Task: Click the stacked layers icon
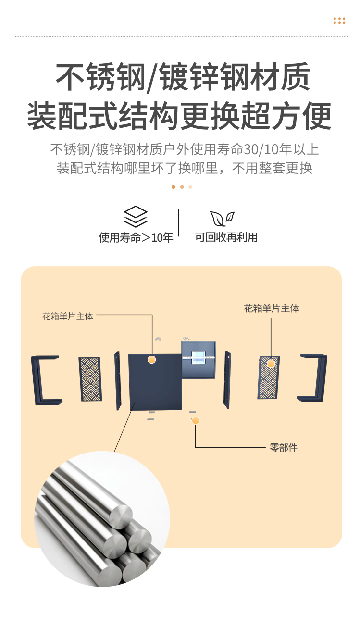coord(136,217)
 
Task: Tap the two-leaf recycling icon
coord(222,219)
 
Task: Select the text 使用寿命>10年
coord(136,237)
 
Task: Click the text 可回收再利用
coord(226,237)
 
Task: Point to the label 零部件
coord(284,447)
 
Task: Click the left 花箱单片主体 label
coord(68,316)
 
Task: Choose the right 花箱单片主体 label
coord(272,308)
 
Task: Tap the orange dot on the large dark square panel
coord(151,360)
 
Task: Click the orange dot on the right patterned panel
coord(271,364)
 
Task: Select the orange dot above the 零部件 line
coord(195,420)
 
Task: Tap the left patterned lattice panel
coord(90,379)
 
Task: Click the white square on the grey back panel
coord(198,358)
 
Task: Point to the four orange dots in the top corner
coord(339,21)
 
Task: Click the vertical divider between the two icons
coord(179,223)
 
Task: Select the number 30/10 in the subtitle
coord(261,149)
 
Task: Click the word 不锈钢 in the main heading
coord(101,77)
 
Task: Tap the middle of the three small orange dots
coord(182,187)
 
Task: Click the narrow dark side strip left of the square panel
coord(118,381)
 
